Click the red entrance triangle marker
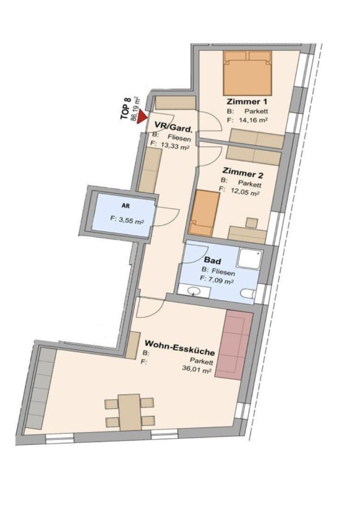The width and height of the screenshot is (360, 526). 142,116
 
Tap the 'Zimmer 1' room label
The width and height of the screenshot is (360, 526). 247,101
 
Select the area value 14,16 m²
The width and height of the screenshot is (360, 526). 253,120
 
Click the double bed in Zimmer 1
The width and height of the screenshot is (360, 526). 247,73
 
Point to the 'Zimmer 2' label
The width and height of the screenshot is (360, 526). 242,174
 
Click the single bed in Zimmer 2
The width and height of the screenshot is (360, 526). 204,213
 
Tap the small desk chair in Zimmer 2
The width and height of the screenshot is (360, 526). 252,223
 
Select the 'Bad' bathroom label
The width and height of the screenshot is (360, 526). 213,261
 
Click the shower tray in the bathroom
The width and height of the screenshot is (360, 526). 250,260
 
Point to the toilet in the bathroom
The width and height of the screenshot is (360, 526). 248,293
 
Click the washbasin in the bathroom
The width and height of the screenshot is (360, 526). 194,290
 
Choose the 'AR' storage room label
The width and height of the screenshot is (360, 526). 126,206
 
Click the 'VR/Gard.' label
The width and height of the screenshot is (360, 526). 174,127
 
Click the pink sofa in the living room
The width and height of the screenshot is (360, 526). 234,345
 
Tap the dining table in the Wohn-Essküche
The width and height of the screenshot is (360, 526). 129,412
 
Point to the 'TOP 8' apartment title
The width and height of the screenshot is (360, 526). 126,108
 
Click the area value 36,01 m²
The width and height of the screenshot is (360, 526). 197,369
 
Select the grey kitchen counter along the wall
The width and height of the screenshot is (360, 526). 40,388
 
